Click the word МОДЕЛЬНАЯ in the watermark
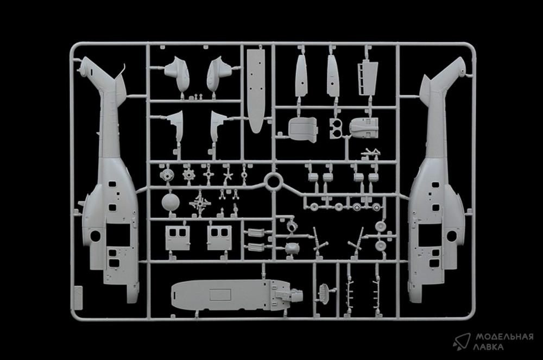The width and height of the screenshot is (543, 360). tap(504, 337)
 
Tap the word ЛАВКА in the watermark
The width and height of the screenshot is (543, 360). tap(489, 347)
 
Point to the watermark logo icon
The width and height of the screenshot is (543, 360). tap(462, 342)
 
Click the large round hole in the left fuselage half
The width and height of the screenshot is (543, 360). tap(95, 236)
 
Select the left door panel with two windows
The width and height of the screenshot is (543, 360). tap(178, 238)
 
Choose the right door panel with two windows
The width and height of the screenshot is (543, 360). tap(219, 238)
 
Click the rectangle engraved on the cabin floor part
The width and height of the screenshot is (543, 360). tap(220, 295)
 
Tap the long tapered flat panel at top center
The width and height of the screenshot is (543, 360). tap(256, 91)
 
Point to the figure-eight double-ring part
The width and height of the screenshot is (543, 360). tap(336, 129)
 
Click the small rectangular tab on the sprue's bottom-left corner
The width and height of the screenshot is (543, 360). tap(79, 298)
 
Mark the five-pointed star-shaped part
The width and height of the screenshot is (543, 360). tap(228, 176)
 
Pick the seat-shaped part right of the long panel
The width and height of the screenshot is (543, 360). tap(302, 129)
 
